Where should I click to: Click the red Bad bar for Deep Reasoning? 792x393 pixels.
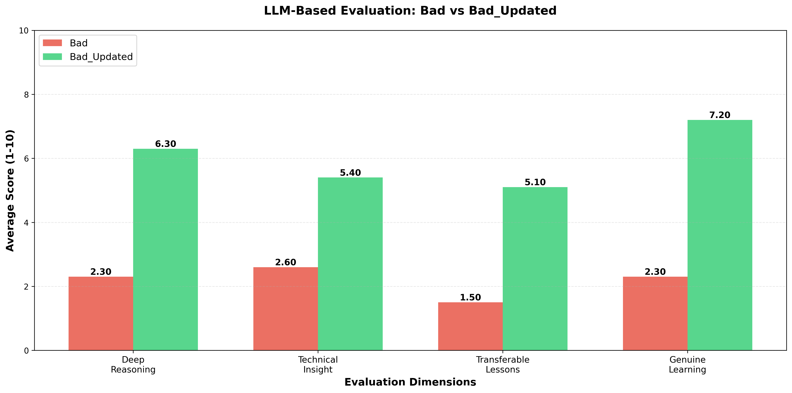tap(101, 313)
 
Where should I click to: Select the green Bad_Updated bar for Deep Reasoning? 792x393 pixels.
tap(165, 250)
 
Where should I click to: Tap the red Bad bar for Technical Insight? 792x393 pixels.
tap(286, 309)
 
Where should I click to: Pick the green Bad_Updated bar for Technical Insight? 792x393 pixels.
tap(350, 264)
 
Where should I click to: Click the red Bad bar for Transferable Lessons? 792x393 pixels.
tap(470, 326)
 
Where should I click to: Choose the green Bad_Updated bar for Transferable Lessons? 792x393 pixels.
tap(535, 269)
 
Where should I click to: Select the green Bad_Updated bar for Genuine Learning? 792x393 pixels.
tap(720, 235)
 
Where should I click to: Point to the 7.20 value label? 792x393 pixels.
tap(720, 115)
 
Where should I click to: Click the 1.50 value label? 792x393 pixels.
tap(470, 297)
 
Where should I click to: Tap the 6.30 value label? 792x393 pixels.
tap(165, 144)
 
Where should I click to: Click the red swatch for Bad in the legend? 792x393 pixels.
tap(52, 43)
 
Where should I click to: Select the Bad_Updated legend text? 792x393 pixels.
tap(101, 57)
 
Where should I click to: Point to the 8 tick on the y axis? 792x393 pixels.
tap(26, 95)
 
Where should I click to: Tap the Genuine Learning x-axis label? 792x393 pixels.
tap(688, 364)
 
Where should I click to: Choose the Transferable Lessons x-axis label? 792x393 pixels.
tap(503, 364)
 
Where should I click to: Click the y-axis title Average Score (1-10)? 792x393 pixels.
tap(10, 191)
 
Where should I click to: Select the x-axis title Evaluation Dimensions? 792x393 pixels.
tap(410, 382)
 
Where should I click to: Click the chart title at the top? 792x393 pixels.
tap(410, 11)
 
